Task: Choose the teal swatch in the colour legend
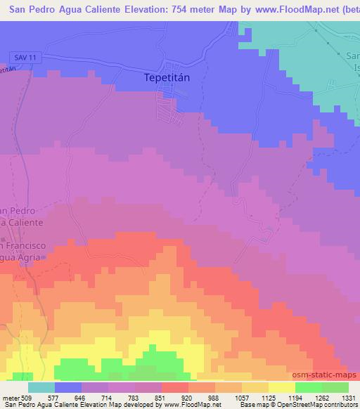click(x=41, y=387)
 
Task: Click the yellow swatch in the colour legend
click(x=281, y=387)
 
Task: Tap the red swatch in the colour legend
click(x=174, y=387)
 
